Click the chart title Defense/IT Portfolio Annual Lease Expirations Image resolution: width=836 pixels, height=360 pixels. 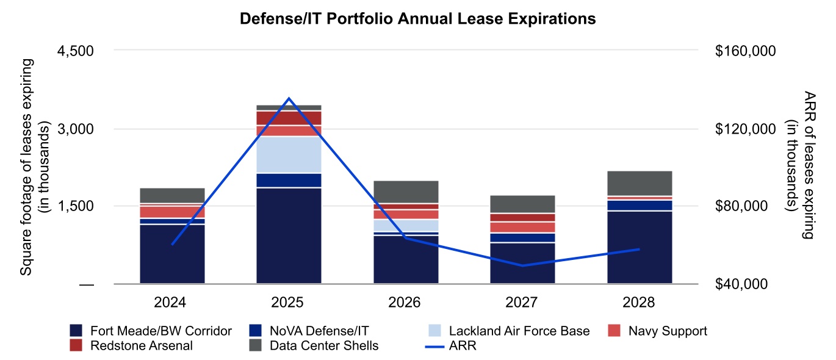point(417,20)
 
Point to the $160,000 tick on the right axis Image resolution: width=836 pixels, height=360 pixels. point(744,51)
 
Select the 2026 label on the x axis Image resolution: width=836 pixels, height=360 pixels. point(406,303)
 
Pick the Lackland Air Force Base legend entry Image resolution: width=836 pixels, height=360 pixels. point(519,331)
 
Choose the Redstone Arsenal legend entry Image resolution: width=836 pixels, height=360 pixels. point(140,346)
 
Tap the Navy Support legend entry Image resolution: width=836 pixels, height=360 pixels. point(668,331)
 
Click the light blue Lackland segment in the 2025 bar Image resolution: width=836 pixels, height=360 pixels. point(289,154)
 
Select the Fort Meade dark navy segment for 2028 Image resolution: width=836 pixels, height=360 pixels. point(640,247)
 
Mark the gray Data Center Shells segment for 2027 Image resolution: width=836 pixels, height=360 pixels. point(522,204)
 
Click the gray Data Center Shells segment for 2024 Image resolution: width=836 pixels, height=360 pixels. point(172,195)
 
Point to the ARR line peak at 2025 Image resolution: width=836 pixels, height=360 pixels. point(289,98)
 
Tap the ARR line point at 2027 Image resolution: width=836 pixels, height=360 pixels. point(522,265)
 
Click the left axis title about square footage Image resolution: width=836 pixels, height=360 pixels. point(34,167)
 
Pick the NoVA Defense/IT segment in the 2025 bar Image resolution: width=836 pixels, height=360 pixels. point(289,180)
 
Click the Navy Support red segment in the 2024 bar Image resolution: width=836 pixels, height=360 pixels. point(172,212)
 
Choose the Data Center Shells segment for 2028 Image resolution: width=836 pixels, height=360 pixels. point(640,183)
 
